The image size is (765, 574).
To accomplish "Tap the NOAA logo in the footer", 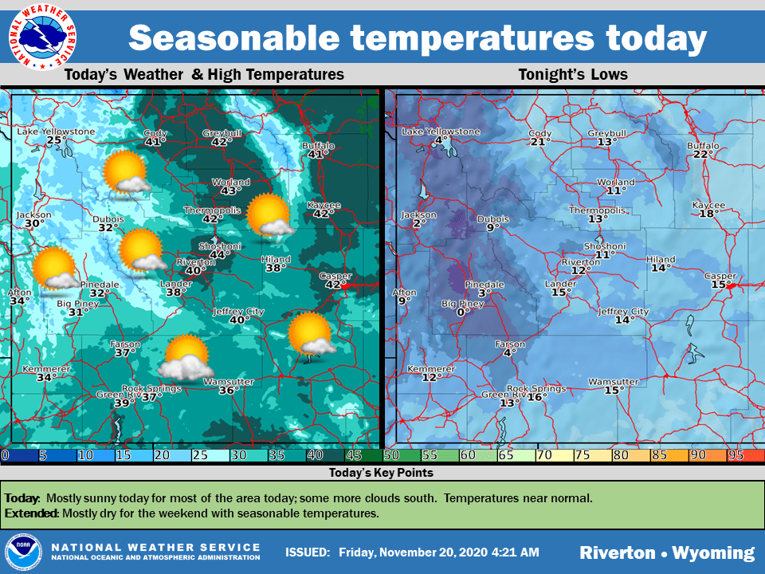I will (24, 552).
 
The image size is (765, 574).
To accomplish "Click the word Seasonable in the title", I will (236, 37).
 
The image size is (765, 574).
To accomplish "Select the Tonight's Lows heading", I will (573, 75).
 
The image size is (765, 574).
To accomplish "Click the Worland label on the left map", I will (230, 183).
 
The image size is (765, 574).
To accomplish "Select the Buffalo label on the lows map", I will (703, 146).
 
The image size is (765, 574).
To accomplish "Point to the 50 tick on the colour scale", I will (392, 455).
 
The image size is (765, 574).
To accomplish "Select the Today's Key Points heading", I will (381, 473).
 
